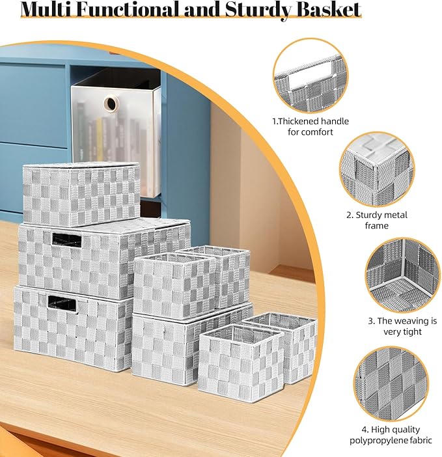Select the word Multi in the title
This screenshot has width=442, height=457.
click(x=46, y=9)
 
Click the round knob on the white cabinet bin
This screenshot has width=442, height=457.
click(x=111, y=103)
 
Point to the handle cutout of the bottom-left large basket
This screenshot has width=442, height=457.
click(x=62, y=304)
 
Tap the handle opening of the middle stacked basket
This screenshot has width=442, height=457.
click(x=66, y=240)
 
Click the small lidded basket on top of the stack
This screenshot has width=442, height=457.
click(x=81, y=194)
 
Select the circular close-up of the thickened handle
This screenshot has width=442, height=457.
click(x=311, y=76)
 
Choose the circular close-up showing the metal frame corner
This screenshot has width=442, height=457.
click(x=377, y=170)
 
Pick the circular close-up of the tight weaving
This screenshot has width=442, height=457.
click(x=403, y=275)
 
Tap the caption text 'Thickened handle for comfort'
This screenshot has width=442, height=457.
click(x=311, y=126)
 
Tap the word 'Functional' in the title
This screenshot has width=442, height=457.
click(x=128, y=9)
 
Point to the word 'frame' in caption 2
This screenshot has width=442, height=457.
click(x=376, y=226)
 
